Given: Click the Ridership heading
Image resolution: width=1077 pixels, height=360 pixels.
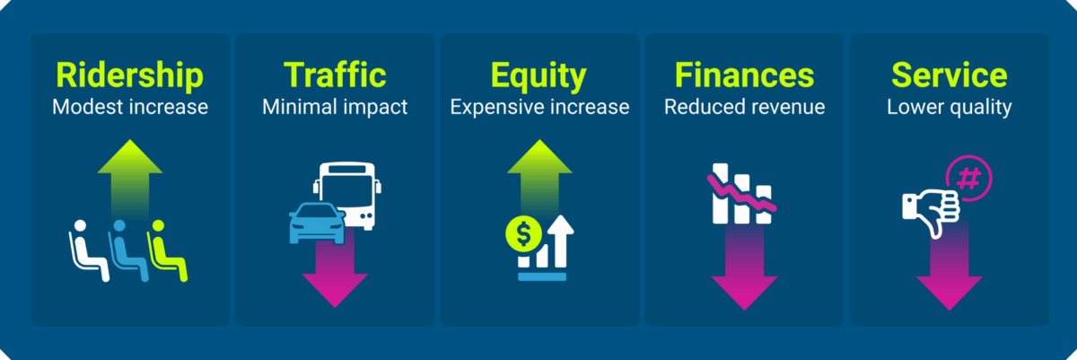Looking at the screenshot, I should [130, 75].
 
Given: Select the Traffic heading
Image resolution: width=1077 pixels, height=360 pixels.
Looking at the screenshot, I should [335, 75].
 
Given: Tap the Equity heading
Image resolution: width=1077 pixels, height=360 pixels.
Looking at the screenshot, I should [539, 75].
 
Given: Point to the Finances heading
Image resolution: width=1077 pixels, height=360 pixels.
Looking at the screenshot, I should [744, 75].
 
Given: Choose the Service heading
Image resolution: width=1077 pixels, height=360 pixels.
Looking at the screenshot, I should [949, 75].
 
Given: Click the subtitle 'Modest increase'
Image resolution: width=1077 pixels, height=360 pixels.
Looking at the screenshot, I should [130, 108].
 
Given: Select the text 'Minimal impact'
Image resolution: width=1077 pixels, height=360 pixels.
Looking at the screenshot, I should [335, 108].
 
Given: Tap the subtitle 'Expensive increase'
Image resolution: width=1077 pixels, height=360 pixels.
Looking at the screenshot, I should [539, 108].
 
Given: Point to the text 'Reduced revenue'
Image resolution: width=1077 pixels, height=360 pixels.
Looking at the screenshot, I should [744, 108].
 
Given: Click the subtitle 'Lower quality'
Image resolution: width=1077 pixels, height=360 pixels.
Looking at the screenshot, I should [949, 108].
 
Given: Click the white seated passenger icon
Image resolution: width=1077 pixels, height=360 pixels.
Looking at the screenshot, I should [87, 250].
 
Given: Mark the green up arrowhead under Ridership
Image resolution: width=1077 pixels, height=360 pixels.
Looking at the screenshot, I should [130, 158].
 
